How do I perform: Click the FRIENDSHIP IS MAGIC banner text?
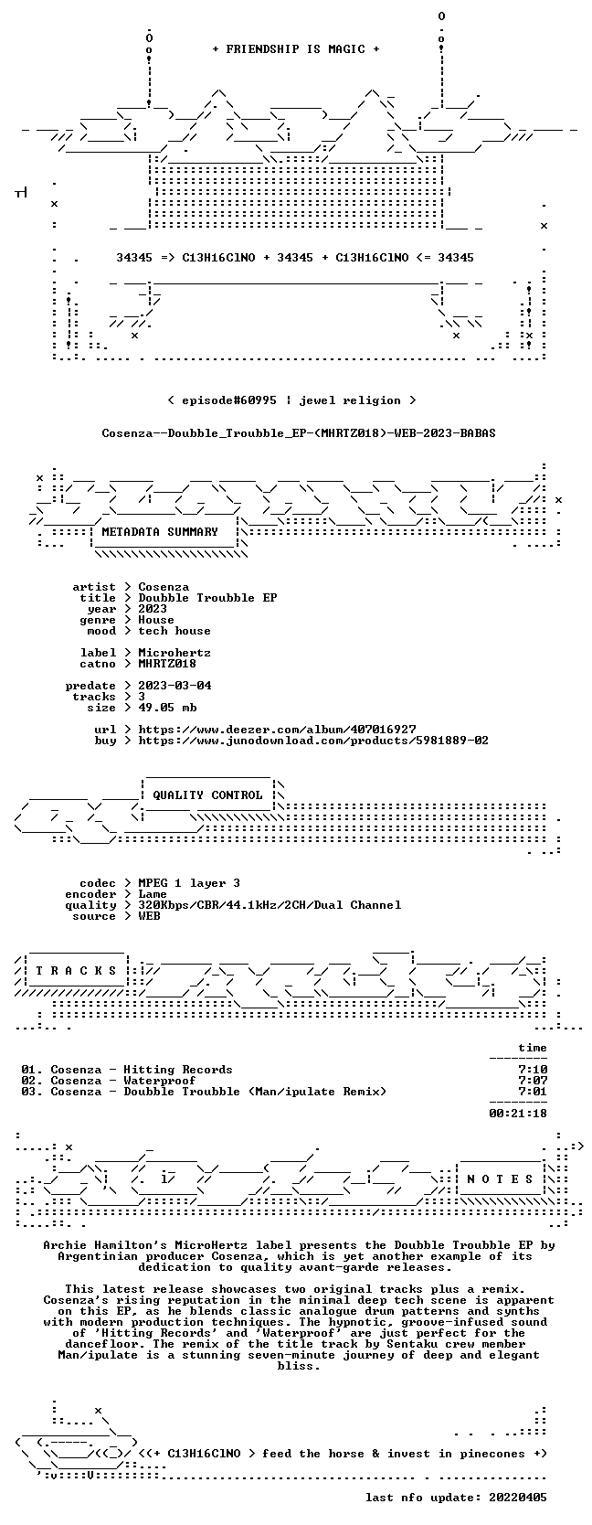[x=296, y=49]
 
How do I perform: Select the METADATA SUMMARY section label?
[x=160, y=532]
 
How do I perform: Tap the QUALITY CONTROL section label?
[x=207, y=795]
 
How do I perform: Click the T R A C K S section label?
[x=76, y=971]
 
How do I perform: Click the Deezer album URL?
[x=277, y=730]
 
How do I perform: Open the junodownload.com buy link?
[x=313, y=741]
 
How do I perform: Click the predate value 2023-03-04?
[x=174, y=686]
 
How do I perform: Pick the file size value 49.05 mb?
[x=167, y=708]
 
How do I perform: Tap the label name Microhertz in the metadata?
[x=174, y=653]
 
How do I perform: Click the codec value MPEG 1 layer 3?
[x=189, y=884]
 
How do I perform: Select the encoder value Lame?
[x=153, y=894]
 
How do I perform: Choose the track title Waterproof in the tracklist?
[x=160, y=1081]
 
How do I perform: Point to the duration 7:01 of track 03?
[x=533, y=1092]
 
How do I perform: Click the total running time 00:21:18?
[x=518, y=1114]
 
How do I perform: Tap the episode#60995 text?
[x=229, y=400]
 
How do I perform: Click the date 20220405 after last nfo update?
[x=518, y=1497]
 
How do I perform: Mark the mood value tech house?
[x=174, y=631]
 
